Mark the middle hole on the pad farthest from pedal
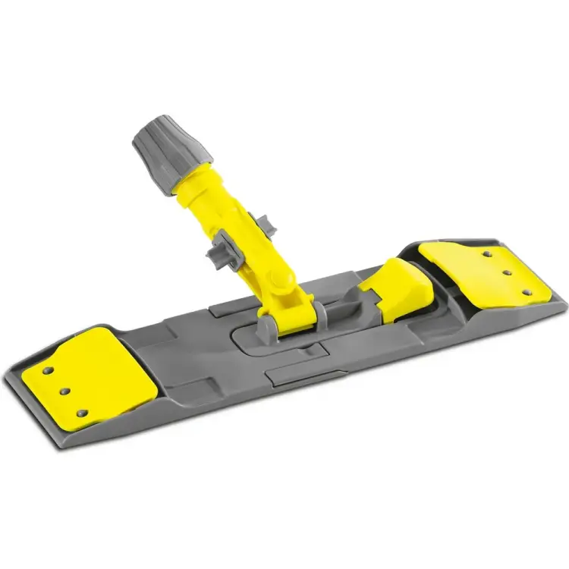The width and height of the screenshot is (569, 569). point(64,391)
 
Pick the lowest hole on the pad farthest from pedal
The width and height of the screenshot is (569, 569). point(83,414)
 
